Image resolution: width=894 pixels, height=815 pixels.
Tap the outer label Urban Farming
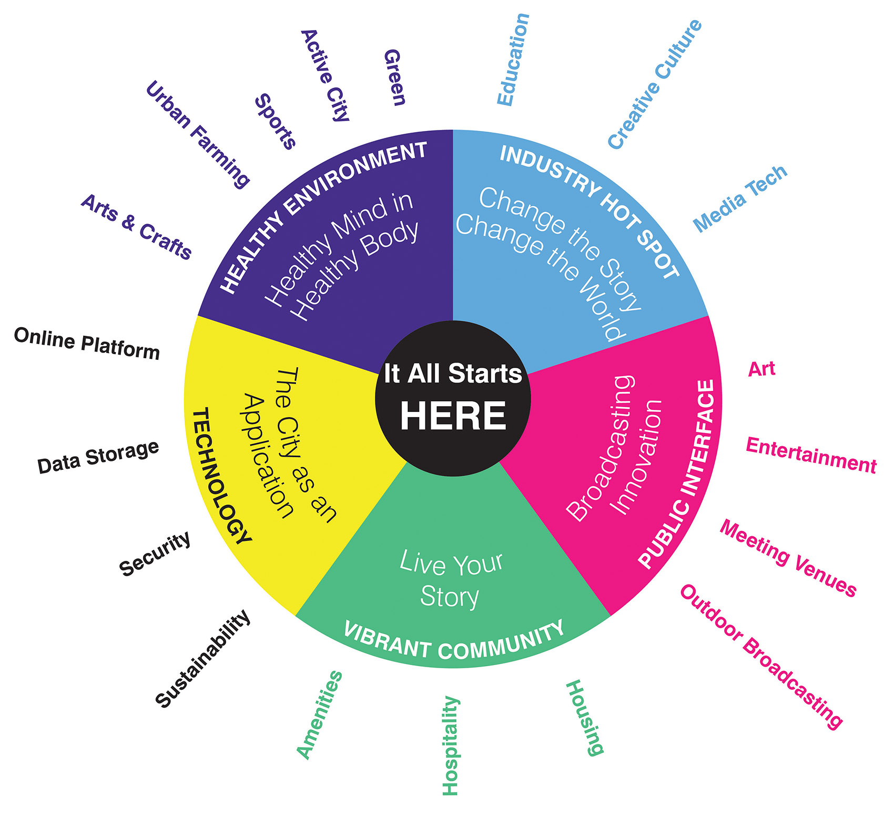tap(197, 134)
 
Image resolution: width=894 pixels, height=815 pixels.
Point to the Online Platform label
tap(87, 344)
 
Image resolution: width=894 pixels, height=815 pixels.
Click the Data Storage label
tap(98, 457)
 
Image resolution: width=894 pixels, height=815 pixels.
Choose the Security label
tap(155, 554)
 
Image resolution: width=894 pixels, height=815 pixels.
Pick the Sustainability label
tap(202, 658)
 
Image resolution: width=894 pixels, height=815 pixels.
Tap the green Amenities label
tap(319, 715)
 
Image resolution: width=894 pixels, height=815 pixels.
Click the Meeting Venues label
tap(788, 558)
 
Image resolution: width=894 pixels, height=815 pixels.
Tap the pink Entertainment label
tap(811, 455)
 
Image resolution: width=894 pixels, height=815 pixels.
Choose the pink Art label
tap(761, 369)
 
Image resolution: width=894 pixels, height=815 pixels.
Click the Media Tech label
tap(740, 198)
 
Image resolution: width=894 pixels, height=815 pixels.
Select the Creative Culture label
tap(655, 84)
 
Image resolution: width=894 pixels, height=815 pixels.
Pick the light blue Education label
tap(513, 59)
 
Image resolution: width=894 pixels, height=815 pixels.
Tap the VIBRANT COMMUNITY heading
tap(453, 643)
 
